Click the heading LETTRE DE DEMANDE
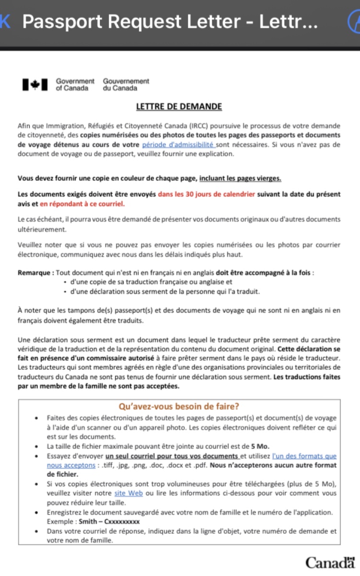[179, 106]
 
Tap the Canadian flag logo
[35, 85]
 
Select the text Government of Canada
[75, 85]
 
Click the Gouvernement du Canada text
[126, 85]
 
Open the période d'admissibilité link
[178, 144]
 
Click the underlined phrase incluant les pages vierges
[240, 178]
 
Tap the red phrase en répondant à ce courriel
[82, 204]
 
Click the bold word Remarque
[36, 272]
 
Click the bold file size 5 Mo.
[259, 446]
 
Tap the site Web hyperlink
[129, 493]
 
